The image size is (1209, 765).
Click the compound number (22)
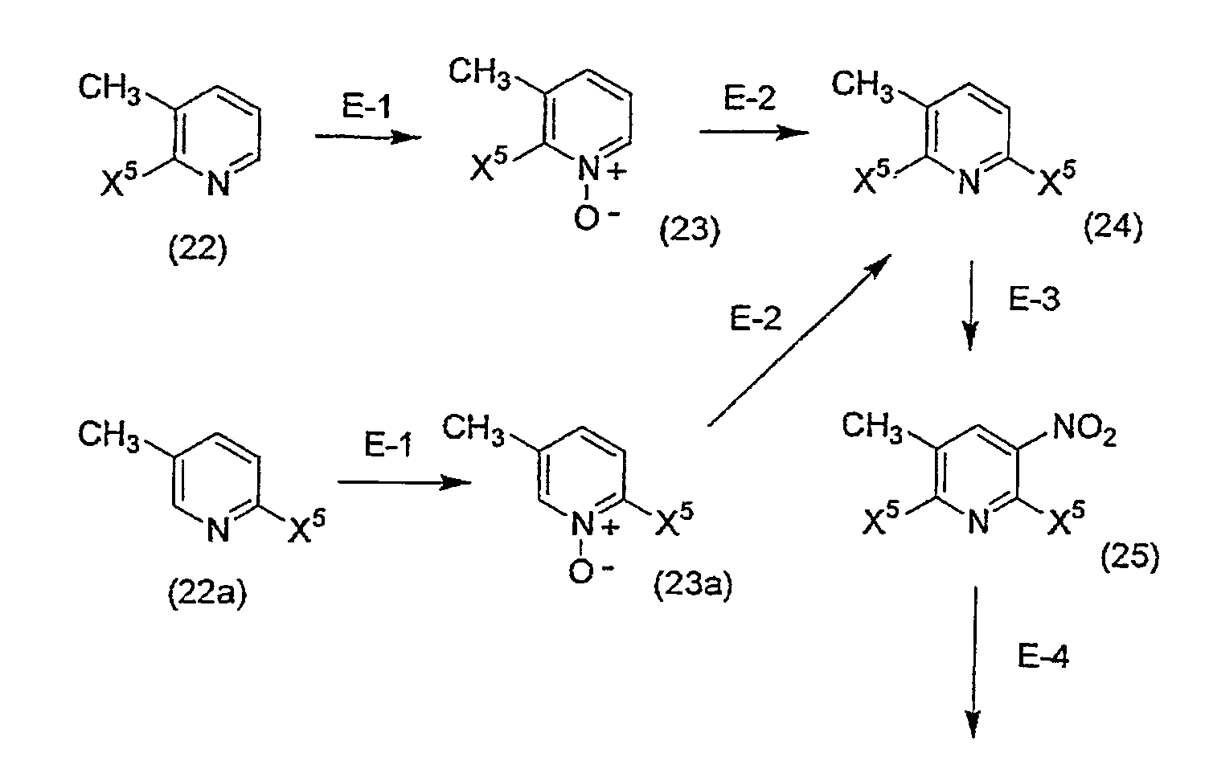pyautogui.click(x=198, y=251)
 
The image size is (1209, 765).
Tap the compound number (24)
pyautogui.click(x=1113, y=227)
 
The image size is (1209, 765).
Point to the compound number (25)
pyautogui.click(x=1129, y=557)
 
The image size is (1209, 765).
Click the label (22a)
pyautogui.click(x=207, y=595)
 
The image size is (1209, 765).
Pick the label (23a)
pyautogui.click(x=693, y=585)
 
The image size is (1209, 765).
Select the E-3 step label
pyautogui.click(x=1034, y=299)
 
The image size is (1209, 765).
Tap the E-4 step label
pyautogui.click(x=1043, y=657)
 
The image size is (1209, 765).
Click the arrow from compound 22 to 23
pyautogui.click(x=368, y=137)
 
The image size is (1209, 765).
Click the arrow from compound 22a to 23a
pyautogui.click(x=405, y=482)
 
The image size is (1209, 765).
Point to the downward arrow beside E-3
pyautogui.click(x=971, y=305)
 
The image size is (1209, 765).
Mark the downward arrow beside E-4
pyautogui.click(x=974, y=662)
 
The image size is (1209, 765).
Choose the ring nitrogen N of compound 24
pyautogui.click(x=969, y=182)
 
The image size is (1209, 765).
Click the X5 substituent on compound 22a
pyautogui.click(x=306, y=525)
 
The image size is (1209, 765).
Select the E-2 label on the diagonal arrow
pyautogui.click(x=755, y=319)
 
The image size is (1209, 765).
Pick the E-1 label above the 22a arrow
pyautogui.click(x=388, y=446)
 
